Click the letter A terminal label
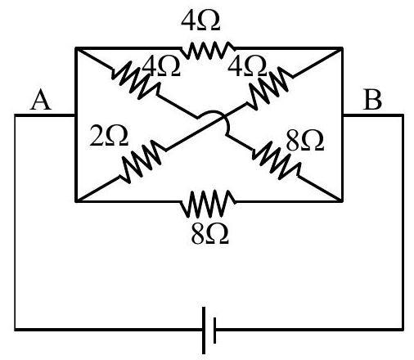(x=41, y=100)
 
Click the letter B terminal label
(x=372, y=100)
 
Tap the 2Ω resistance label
(x=109, y=135)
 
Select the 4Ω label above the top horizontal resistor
(x=200, y=20)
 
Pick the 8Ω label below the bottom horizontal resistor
(x=209, y=234)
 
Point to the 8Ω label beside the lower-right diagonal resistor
(x=305, y=140)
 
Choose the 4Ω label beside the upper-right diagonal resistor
(x=247, y=65)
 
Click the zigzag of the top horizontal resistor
(x=207, y=50)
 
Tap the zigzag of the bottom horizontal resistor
(x=208, y=204)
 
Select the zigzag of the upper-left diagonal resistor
(x=136, y=80)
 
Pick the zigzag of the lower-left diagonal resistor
(x=142, y=161)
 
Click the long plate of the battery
(x=204, y=331)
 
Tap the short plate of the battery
(x=215, y=331)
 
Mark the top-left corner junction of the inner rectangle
(x=76, y=48)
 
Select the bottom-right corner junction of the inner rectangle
(x=342, y=201)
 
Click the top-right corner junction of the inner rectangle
(x=342, y=48)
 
